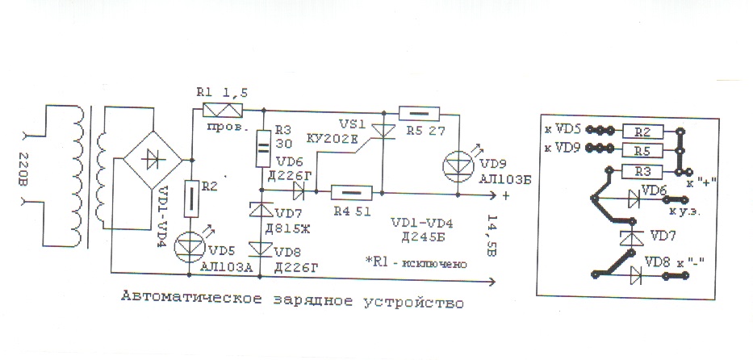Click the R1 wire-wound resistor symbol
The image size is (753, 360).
[223, 110]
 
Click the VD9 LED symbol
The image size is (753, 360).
[457, 166]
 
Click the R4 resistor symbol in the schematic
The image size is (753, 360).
[352, 193]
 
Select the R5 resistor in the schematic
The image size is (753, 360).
[419, 114]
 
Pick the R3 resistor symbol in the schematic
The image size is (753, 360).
[261, 149]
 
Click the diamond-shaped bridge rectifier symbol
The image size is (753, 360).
[153, 160]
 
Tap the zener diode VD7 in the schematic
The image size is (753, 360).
[261, 210]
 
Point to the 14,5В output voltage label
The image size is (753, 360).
[492, 237]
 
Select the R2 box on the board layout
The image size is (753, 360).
[643, 131]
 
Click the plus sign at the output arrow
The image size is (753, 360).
[506, 195]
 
